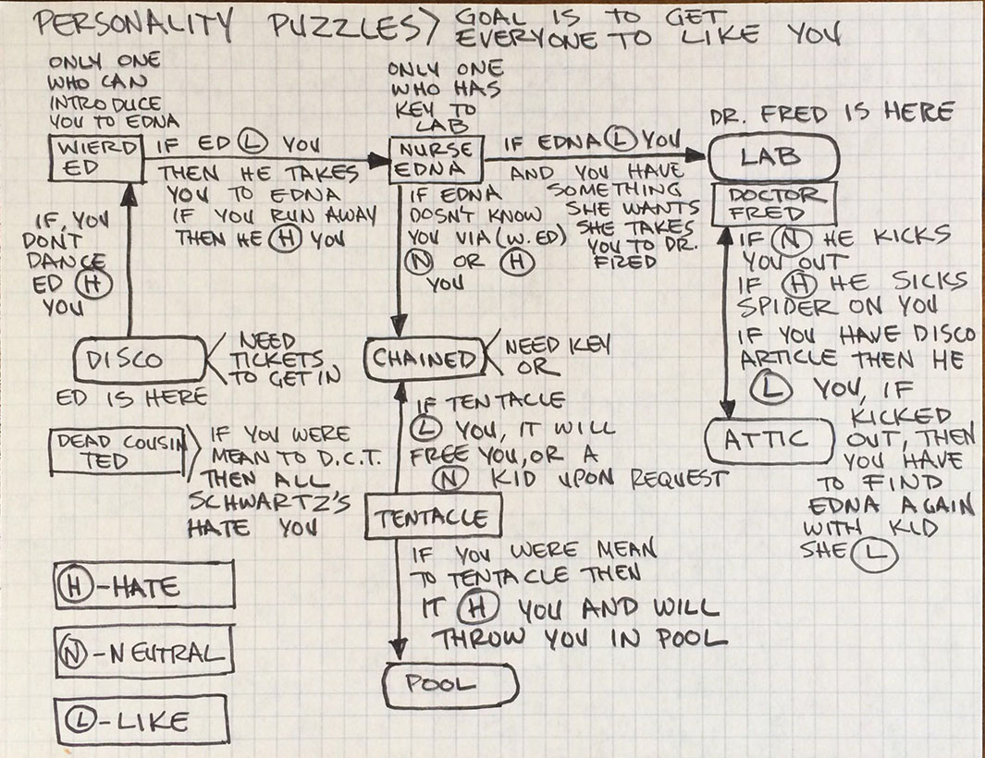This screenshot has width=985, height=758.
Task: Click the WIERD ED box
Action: click(96, 159)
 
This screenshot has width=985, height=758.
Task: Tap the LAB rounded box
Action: click(775, 158)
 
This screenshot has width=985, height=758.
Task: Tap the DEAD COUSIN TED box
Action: click(122, 452)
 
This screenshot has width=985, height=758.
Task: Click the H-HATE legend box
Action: click(144, 586)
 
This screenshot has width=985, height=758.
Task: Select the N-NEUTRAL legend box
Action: click(143, 654)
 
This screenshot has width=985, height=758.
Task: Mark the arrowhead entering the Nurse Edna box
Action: click(379, 161)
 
